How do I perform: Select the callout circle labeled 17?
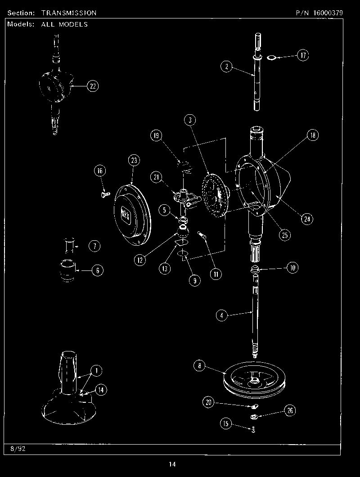point(303,55)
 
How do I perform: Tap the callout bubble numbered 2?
point(227,67)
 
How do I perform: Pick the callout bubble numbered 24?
point(307,219)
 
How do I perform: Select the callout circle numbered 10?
point(292,268)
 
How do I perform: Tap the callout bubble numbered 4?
point(221,315)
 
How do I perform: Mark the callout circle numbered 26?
point(290,410)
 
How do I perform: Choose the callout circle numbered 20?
point(208,403)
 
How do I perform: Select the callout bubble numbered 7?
point(94,246)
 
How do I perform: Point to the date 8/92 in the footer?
point(16,449)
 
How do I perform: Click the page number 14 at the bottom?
point(172,464)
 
